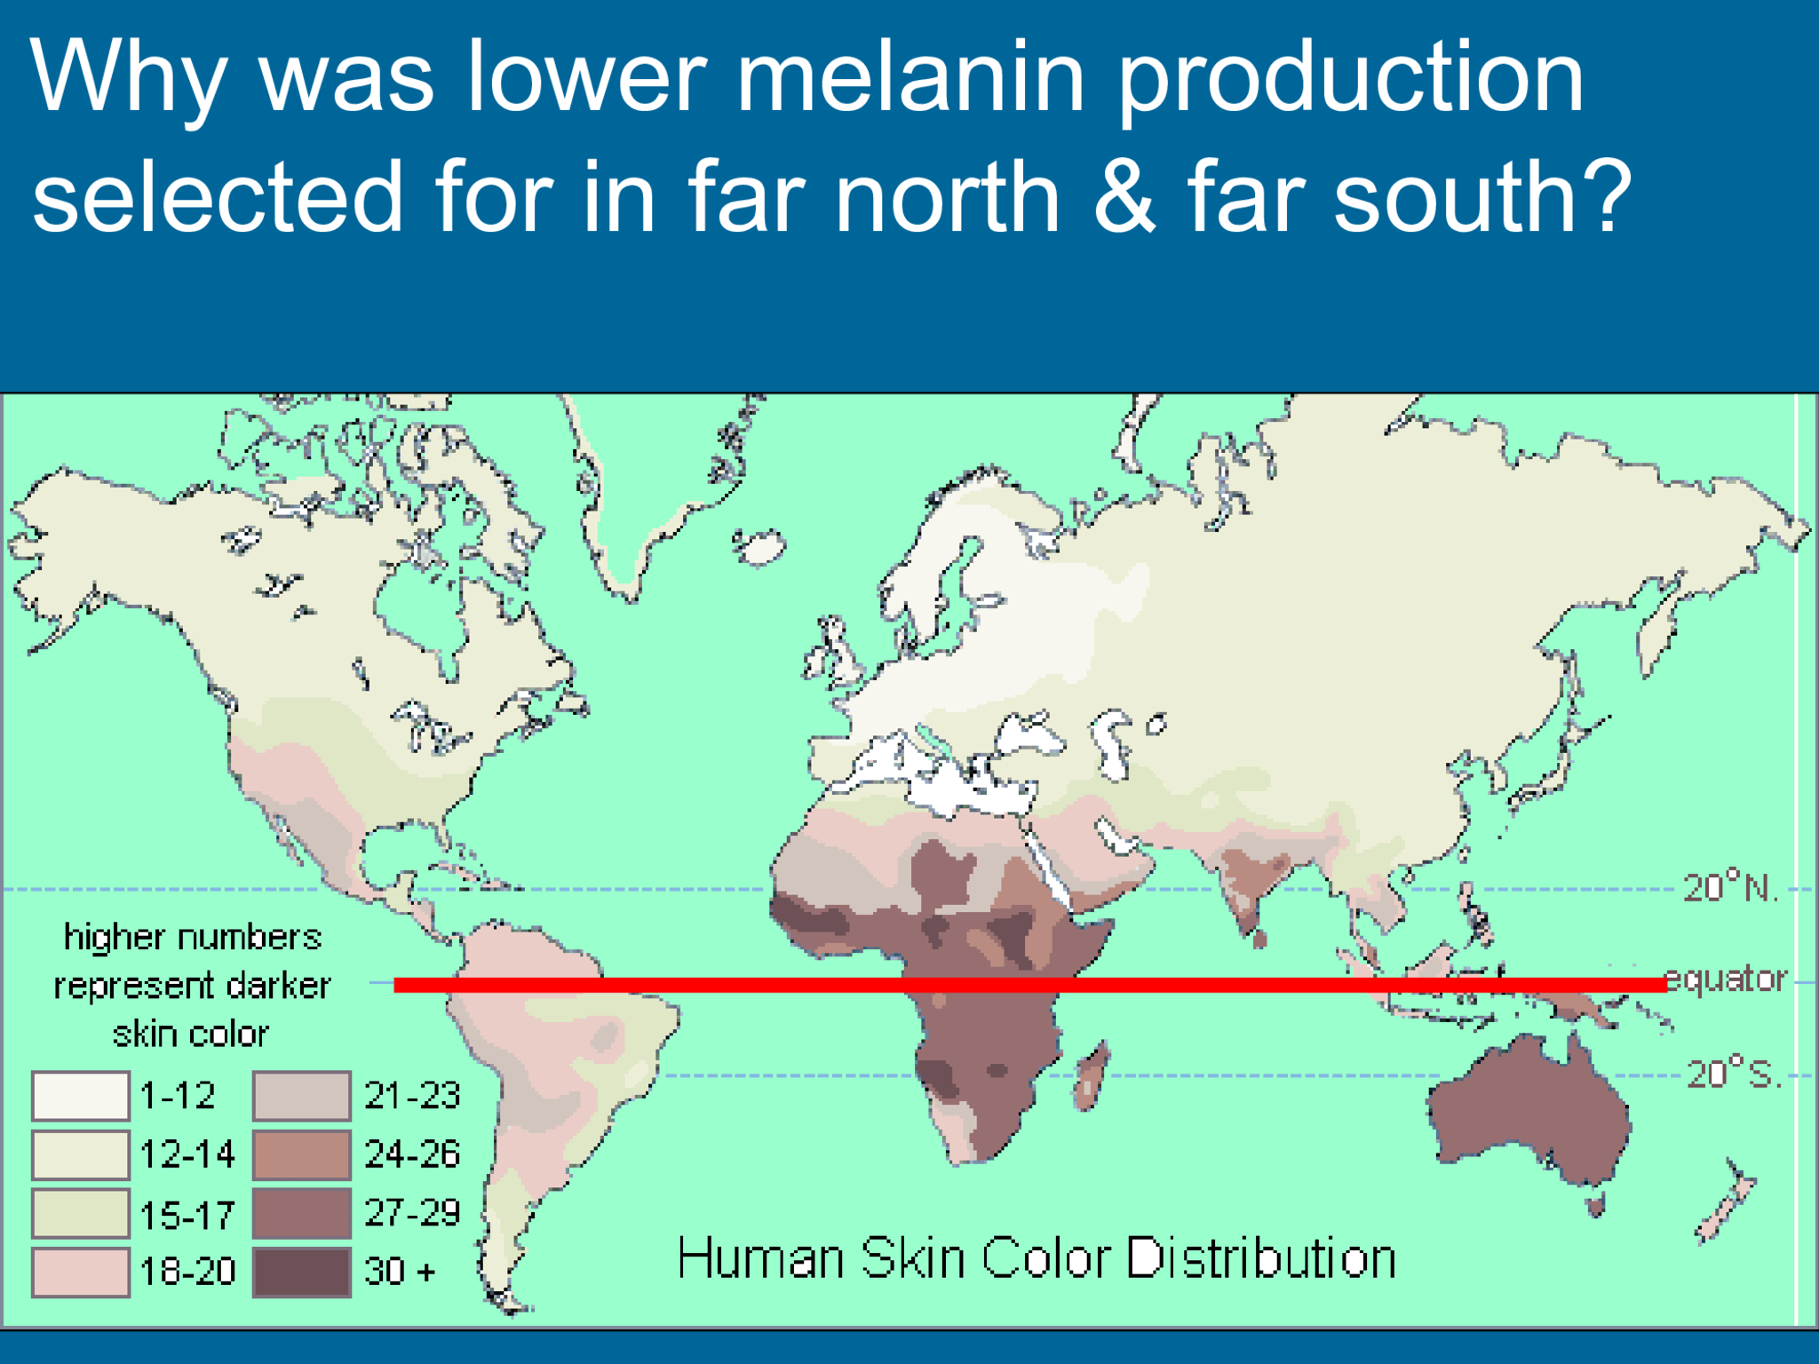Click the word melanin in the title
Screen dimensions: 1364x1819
point(910,78)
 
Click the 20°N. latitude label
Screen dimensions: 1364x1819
point(1730,888)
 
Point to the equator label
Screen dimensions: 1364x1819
point(1725,979)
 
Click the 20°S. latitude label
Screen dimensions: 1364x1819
point(1733,1075)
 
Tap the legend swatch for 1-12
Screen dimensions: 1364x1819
point(80,1096)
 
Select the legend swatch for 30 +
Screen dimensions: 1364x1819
point(301,1272)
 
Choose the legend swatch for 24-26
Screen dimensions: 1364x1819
point(301,1154)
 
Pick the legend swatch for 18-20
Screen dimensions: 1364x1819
point(80,1272)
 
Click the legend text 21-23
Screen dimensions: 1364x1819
point(412,1096)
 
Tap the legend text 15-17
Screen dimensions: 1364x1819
point(187,1214)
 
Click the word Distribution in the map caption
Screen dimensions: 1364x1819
point(1261,1258)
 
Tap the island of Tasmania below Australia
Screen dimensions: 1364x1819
point(1595,1205)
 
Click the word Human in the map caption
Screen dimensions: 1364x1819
point(759,1258)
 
